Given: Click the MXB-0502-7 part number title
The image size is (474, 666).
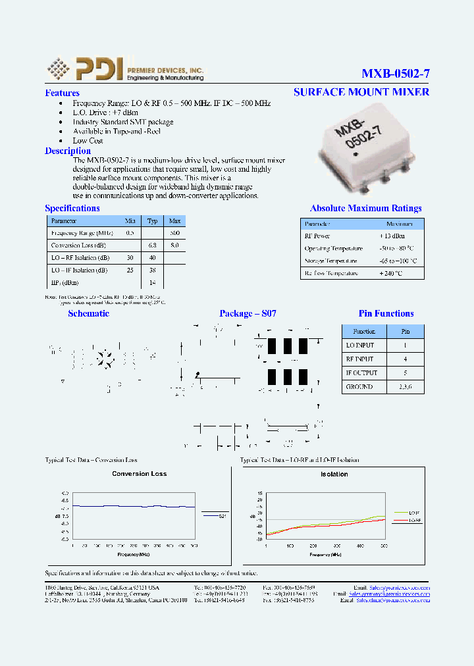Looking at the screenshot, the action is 395,74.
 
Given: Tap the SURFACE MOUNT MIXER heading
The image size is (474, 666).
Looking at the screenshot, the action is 361,92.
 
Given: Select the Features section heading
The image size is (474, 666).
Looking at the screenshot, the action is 62,93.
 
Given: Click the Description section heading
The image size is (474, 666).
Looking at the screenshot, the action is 68,151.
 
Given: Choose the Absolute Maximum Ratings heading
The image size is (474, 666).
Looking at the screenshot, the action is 365,209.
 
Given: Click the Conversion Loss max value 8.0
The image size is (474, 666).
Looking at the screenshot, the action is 174,245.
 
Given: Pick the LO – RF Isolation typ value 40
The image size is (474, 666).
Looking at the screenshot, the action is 153,257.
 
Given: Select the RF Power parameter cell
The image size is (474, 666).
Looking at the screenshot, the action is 317,236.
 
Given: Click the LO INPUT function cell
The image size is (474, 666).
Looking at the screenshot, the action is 360,346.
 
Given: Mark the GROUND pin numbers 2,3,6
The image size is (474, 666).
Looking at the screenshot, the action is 406,387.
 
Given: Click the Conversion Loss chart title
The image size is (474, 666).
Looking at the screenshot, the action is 140,474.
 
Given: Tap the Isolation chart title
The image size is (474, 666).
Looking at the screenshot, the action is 334,474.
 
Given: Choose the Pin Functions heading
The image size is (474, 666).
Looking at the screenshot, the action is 386,314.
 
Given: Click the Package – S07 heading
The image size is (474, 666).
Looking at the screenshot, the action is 248,314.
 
